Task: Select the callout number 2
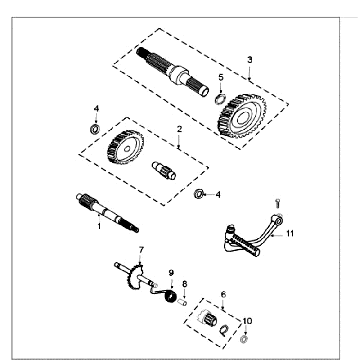(x=179, y=130)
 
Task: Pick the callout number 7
(x=142, y=249)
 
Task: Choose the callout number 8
(x=184, y=285)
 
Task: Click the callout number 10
(x=249, y=322)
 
